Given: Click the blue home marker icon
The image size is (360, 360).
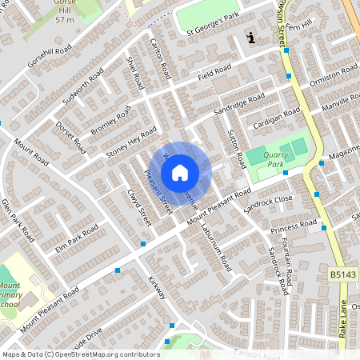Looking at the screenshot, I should click(x=180, y=173).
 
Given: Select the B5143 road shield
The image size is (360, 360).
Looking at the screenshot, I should click(x=342, y=274).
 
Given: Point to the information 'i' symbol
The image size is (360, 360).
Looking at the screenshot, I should click(x=252, y=37).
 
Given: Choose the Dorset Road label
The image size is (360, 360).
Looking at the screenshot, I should click(x=70, y=137).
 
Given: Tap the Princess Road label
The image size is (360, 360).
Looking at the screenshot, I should click(x=289, y=230).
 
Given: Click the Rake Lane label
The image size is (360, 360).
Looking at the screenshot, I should click(x=345, y=318).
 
